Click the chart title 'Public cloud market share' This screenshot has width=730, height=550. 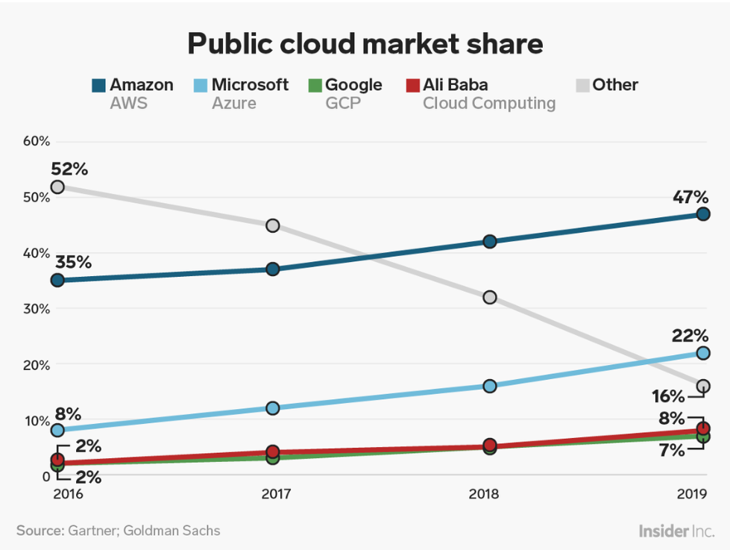point(365,44)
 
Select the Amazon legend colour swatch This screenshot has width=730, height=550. point(98,85)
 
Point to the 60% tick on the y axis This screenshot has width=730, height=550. point(35,141)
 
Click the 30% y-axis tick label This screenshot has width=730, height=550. point(35,309)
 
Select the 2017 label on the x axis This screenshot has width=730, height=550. point(273,494)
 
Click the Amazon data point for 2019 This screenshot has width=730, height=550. point(702,214)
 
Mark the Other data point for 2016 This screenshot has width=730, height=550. point(57,187)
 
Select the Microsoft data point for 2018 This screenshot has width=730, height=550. point(489,386)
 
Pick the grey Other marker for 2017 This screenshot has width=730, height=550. point(273,225)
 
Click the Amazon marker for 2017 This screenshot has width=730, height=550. point(273,269)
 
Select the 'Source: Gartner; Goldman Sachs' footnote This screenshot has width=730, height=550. point(119,531)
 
